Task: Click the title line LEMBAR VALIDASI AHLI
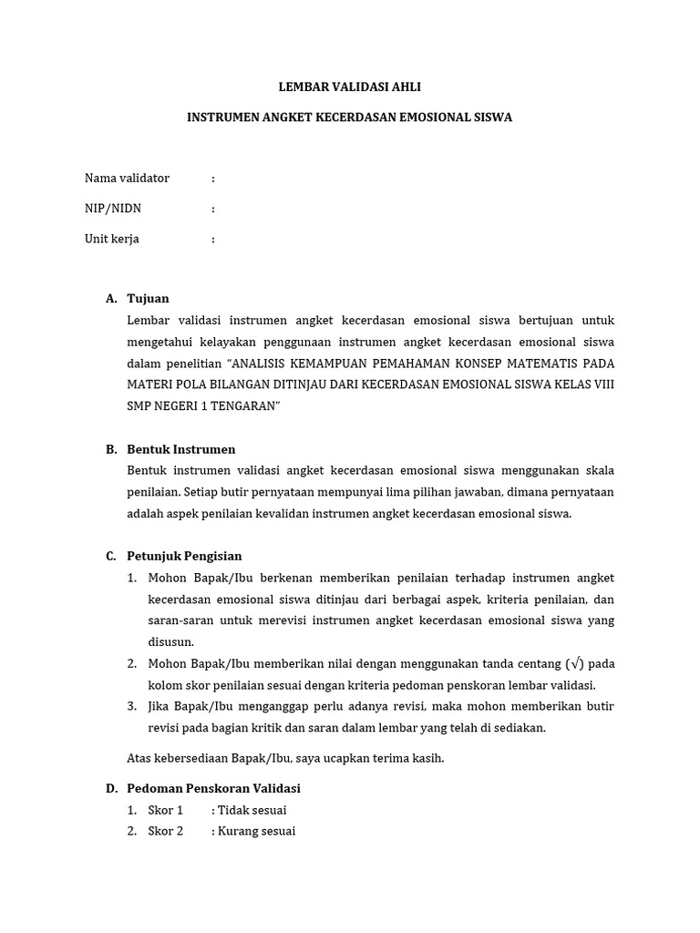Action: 349,87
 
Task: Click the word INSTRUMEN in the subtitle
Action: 221,118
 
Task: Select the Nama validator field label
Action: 127,178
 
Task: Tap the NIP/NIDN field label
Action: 113,209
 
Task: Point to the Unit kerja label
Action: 112,239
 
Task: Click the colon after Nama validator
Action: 212,179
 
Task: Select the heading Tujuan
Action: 148,299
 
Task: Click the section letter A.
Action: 110,299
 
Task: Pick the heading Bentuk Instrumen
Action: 181,449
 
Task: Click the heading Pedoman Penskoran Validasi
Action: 213,788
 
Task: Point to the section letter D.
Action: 110,788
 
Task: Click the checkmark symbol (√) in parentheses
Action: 573,663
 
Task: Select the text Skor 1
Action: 166,810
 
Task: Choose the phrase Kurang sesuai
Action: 256,831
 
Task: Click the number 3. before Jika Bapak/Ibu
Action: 131,706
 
